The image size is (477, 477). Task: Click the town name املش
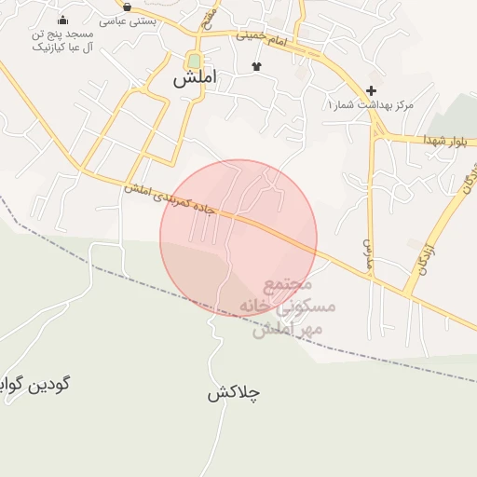[194, 79]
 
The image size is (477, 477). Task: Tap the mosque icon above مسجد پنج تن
[62, 20]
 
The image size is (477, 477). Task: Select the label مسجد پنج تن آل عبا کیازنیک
[62, 40]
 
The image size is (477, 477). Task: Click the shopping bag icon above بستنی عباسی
[127, 7]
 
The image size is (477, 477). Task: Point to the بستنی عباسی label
[127, 20]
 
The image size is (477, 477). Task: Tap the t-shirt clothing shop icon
[257, 65]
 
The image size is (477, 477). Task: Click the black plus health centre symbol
[372, 90]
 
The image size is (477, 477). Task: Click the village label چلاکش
[233, 393]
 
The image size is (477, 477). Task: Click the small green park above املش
[194, 61]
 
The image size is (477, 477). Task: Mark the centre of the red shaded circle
[238, 238]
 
